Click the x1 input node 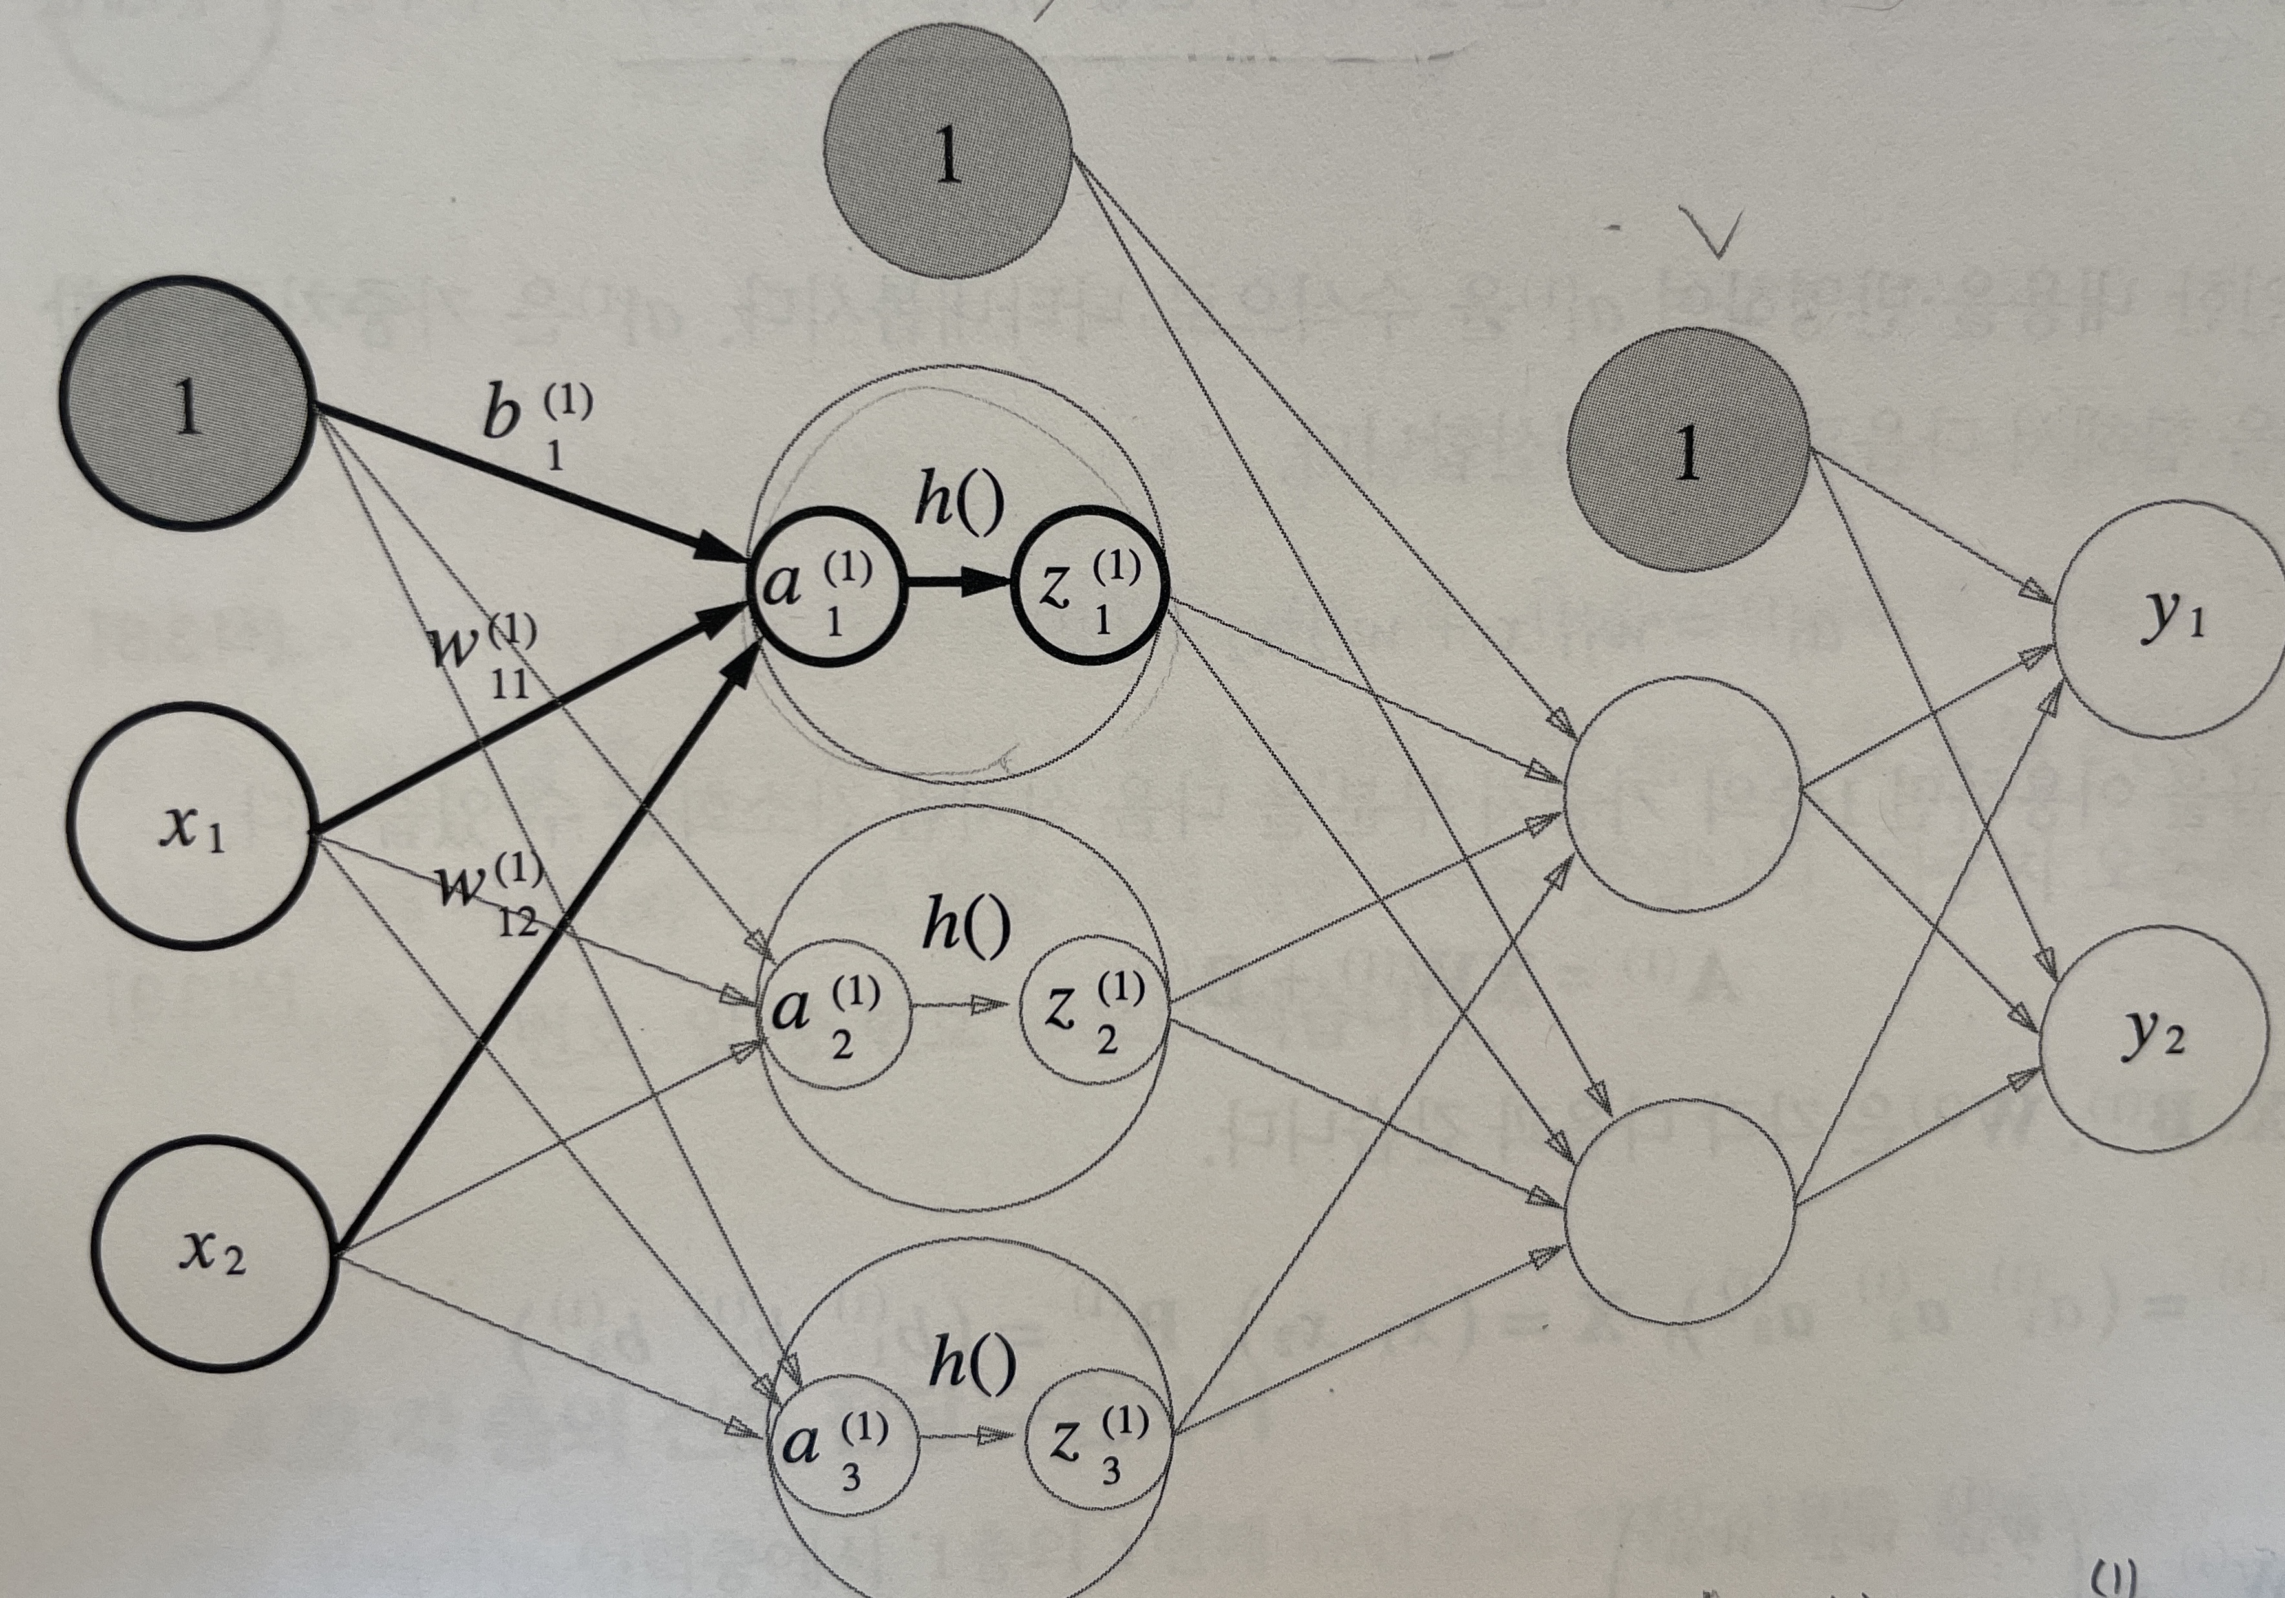192,826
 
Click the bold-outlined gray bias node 187,404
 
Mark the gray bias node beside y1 1687,450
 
